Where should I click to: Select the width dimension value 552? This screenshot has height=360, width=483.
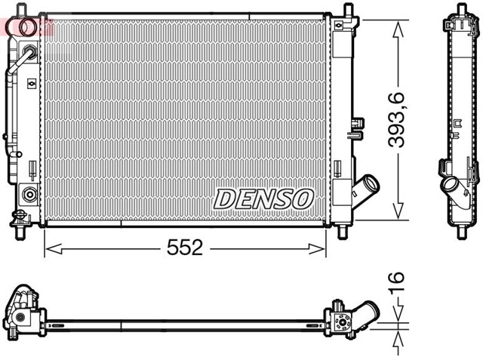[185, 248]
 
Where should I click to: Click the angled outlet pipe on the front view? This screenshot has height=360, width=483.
[368, 186]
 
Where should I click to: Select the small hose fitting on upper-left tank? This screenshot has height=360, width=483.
[29, 54]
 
